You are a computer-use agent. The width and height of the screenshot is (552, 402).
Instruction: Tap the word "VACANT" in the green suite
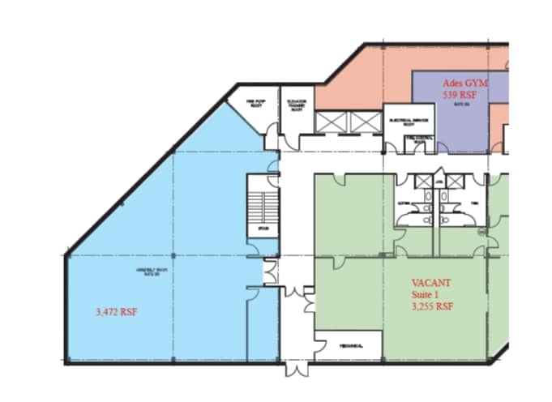pyautogui.click(x=431, y=283)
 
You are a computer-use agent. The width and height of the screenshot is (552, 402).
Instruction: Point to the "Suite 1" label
pyautogui.click(x=426, y=295)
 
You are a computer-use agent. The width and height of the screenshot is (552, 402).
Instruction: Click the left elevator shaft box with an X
pyautogui.click(x=332, y=122)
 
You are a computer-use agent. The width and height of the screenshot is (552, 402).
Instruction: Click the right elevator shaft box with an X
pyautogui.click(x=364, y=122)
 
